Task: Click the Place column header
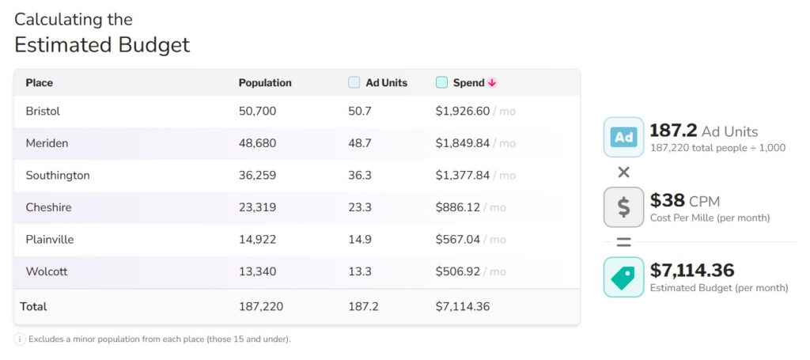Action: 39,83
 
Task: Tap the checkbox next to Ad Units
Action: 354,82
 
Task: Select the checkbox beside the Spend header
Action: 441,82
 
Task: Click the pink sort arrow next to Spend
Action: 492,83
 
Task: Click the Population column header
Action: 265,83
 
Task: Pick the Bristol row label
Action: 43,112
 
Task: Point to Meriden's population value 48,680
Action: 257,143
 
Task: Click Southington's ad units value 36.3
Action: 360,176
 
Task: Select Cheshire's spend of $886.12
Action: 457,207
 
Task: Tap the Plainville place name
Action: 49,240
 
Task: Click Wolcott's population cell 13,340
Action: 257,271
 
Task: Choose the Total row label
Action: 34,306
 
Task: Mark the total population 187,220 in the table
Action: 261,306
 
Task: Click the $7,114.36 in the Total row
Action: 462,306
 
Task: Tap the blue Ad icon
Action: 623,137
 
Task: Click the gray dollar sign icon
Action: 623,207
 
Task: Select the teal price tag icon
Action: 623,277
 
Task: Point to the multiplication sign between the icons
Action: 623,172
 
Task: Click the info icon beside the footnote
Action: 20,339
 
